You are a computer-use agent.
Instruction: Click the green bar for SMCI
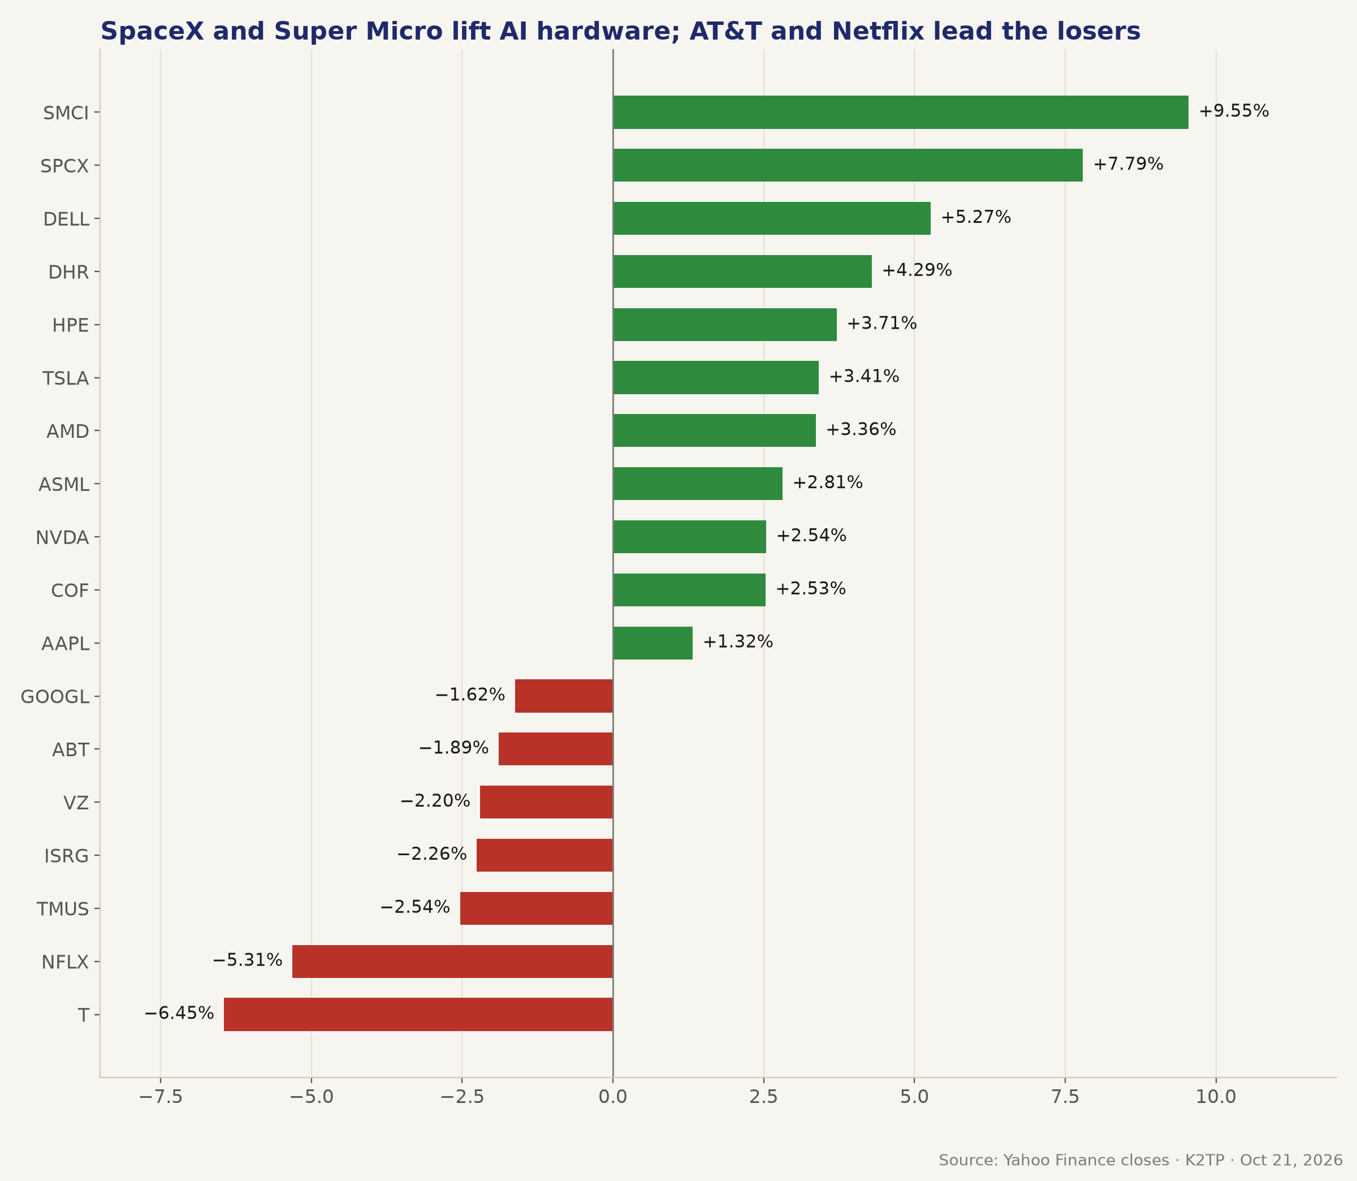click(901, 112)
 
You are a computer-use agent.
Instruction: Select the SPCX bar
click(848, 165)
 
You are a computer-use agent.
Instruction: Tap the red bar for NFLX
click(452, 961)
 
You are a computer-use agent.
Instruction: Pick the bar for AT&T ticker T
click(418, 1014)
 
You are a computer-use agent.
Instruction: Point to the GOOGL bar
click(564, 696)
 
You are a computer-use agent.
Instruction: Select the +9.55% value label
click(1234, 111)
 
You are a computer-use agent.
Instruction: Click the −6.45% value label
click(179, 1013)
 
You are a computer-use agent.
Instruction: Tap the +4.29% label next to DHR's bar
click(917, 270)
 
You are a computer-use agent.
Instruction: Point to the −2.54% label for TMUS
click(415, 907)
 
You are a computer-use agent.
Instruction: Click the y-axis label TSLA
click(66, 378)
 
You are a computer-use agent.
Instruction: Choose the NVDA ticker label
click(63, 538)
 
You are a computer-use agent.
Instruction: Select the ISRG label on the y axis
click(67, 856)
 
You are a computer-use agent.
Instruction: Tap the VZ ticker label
click(76, 803)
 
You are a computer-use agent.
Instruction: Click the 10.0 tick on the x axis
click(1216, 1097)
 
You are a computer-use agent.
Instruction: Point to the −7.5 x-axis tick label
click(160, 1097)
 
